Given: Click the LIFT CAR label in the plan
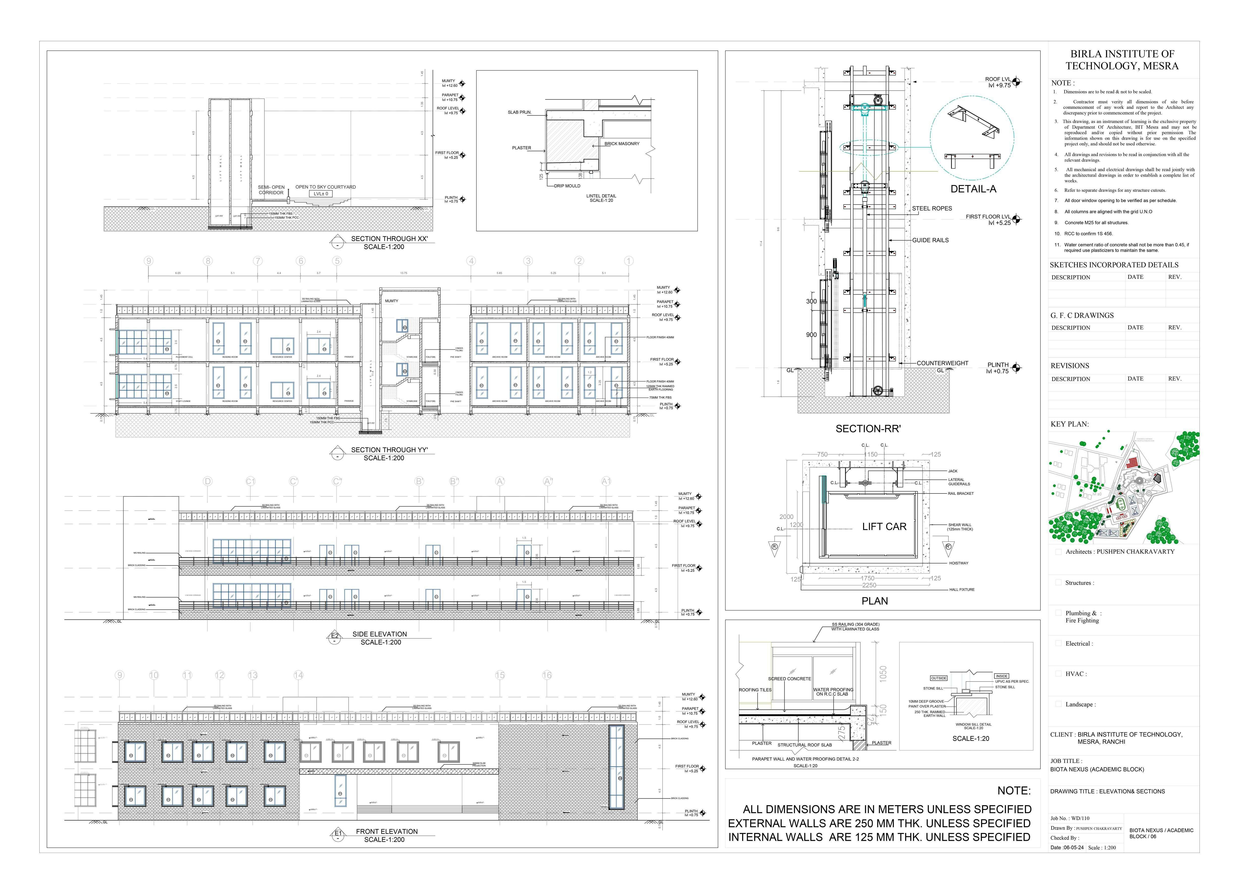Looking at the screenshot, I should point(884,526).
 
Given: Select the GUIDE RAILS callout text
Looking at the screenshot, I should point(930,240).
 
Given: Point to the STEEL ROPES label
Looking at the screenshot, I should point(932,208).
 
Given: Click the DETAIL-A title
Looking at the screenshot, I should point(973,189).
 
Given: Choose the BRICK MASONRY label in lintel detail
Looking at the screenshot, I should point(622,144).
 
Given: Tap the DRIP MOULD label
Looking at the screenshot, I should point(567,186).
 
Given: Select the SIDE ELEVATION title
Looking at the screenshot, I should point(380,634).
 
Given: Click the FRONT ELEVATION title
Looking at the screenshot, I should point(387,831).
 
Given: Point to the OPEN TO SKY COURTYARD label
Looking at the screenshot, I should point(326,187).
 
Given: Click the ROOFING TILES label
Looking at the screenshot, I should point(755,690).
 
